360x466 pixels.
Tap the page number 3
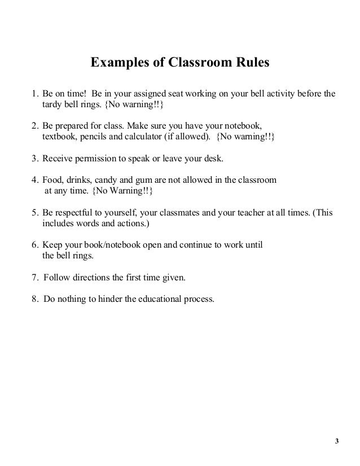pos(337,441)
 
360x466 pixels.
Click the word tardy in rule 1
pos(52,105)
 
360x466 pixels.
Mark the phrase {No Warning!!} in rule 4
pos(122,192)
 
